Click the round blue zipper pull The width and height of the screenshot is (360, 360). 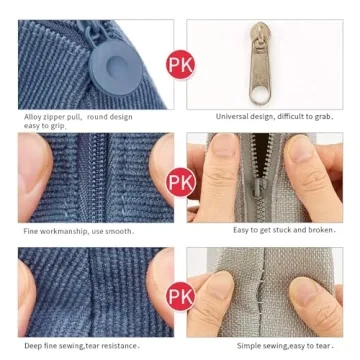click(x=116, y=67)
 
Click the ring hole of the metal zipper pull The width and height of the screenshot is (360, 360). click(x=260, y=96)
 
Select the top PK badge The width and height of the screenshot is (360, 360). click(x=180, y=64)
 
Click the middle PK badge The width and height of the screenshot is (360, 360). click(x=180, y=182)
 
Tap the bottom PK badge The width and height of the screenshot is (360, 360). click(x=180, y=296)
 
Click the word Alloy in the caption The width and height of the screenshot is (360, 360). click(x=32, y=117)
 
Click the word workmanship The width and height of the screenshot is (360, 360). click(x=64, y=231)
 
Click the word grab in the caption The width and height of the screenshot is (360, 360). click(x=322, y=117)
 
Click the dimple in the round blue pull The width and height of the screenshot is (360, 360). click(x=117, y=66)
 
